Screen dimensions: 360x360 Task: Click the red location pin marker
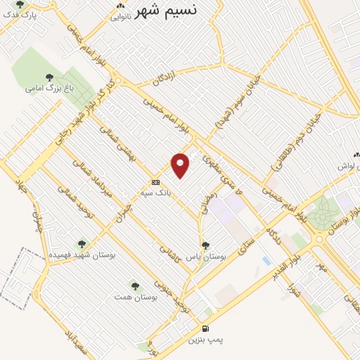181,165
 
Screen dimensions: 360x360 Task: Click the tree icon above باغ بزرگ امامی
49,77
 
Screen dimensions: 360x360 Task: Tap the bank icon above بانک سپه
155,181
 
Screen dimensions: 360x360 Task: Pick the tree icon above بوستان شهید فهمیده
82,243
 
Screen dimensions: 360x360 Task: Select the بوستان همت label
134,297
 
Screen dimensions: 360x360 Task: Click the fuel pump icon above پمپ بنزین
205,328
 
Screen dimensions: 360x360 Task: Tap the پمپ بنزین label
205,340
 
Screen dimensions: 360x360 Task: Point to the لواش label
349,166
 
